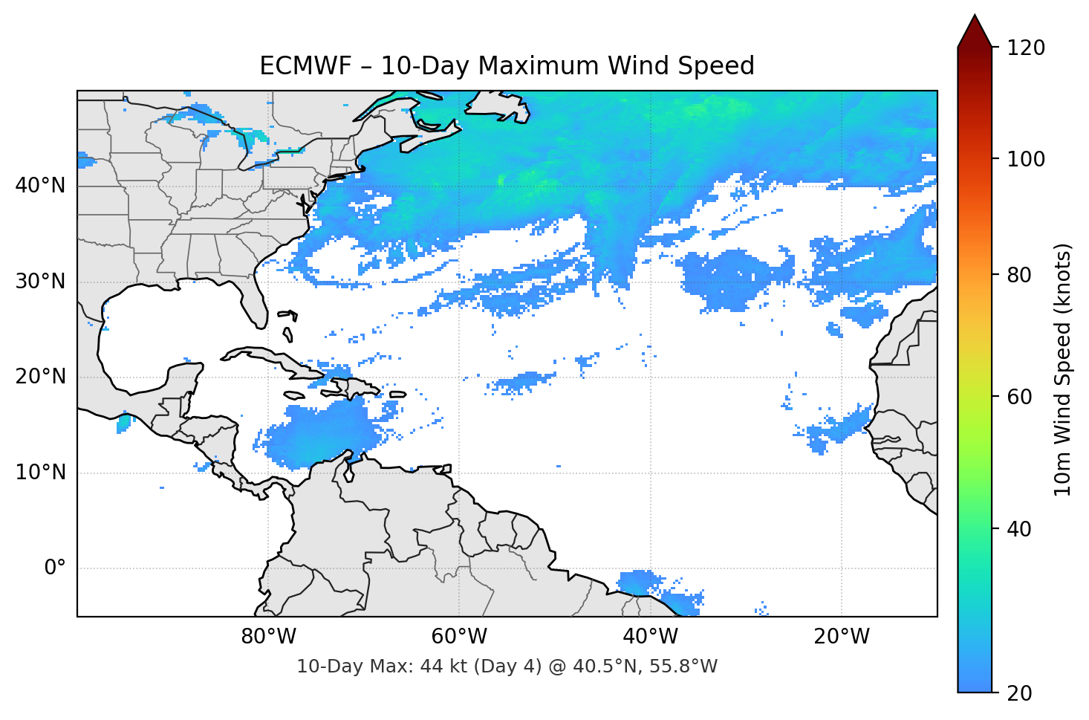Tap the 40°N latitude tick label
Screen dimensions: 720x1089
click(40, 186)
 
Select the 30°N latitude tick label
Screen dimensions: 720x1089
click(40, 282)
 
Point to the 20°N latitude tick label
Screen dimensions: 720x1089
click(40, 377)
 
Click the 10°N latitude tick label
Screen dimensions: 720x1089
click(40, 473)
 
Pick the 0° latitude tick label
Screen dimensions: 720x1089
click(54, 568)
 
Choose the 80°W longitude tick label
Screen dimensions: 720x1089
click(268, 637)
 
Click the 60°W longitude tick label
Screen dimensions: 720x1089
click(459, 637)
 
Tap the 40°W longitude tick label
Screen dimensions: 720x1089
click(650, 637)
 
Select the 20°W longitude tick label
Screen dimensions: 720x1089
click(841, 637)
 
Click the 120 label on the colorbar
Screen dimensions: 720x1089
click(1026, 48)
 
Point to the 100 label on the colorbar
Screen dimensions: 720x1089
click(1026, 159)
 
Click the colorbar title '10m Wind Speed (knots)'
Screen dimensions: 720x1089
click(1063, 370)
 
